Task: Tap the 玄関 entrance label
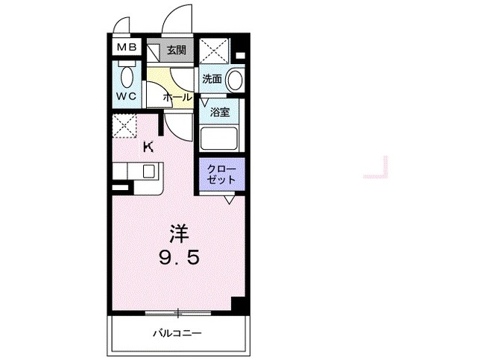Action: click(176, 51)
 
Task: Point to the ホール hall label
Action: click(177, 98)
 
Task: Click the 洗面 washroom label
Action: click(211, 78)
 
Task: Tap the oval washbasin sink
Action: click(235, 78)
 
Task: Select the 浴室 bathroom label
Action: click(219, 113)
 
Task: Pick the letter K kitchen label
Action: click(148, 147)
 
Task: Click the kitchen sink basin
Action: click(148, 171)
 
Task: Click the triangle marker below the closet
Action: click(230, 199)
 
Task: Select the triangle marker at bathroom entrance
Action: click(203, 101)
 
